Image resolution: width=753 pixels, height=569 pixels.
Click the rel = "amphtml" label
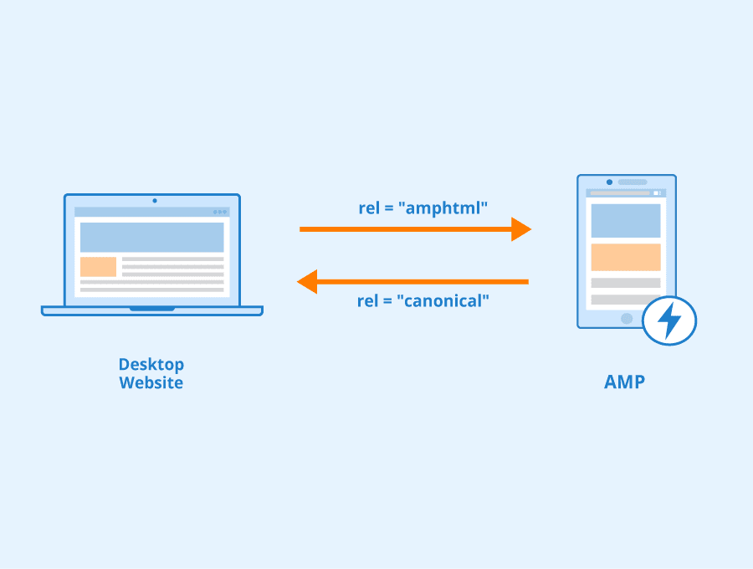coord(423,208)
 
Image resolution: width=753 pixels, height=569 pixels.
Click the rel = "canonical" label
coord(423,300)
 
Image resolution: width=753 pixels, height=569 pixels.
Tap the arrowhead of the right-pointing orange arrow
coord(522,228)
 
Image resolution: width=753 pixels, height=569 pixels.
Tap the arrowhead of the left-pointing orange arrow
coord(307,282)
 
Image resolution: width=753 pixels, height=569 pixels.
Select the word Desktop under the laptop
coord(151,365)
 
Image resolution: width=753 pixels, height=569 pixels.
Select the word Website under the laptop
coord(151,383)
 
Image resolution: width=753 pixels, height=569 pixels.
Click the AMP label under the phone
coord(624,382)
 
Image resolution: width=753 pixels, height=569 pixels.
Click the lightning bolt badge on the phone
coord(669,320)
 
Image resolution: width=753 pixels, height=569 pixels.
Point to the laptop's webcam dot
coord(154,201)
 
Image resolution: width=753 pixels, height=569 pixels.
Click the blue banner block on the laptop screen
coord(151,237)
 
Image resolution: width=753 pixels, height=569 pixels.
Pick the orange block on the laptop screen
coord(98,267)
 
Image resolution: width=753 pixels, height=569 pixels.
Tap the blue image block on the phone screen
coord(625,220)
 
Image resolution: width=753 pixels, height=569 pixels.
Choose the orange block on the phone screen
coord(625,257)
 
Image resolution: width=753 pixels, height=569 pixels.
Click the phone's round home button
coord(626,318)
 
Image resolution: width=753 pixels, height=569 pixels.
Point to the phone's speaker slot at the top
coord(633,182)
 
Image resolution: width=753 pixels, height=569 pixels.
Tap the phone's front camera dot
coord(609,182)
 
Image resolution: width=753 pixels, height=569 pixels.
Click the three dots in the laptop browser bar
coord(220,212)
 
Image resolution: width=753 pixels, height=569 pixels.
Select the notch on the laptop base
coord(152,309)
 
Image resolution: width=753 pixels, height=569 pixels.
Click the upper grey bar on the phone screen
coord(625,283)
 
